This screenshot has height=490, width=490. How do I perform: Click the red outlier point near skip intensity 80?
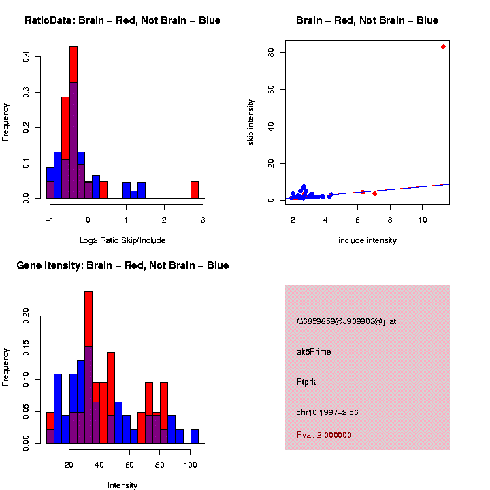click(443, 46)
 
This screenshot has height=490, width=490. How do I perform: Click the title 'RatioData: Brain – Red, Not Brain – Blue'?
click(122, 20)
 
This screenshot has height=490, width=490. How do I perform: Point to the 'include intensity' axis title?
click(367, 240)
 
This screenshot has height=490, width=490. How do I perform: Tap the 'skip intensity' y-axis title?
click(250, 120)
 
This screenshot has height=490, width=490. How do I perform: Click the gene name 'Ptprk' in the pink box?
click(306, 382)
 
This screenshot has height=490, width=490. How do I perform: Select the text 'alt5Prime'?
click(314, 352)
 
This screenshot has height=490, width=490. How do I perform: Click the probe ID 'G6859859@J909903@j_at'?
click(346, 321)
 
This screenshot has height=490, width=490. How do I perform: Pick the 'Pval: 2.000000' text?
click(324, 434)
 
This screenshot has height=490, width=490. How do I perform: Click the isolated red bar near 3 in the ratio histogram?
click(195, 189)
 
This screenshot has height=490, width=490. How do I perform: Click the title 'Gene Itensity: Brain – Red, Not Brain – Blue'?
click(122, 265)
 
